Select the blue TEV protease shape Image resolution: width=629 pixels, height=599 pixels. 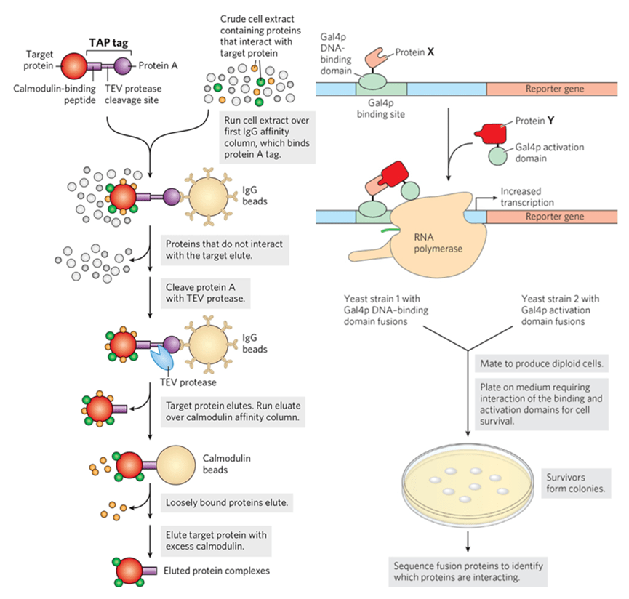pyautogui.click(x=161, y=358)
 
